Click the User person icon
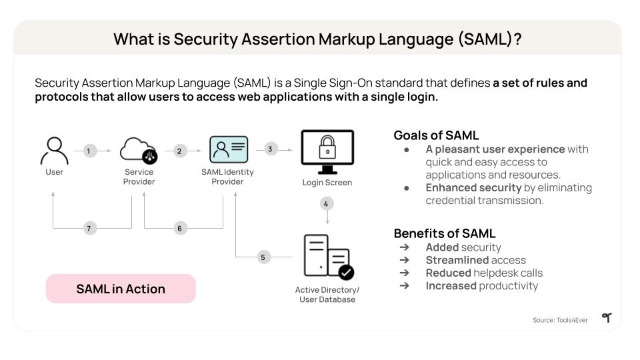(54, 151)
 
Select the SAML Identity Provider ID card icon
(228, 150)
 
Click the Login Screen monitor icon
(327, 151)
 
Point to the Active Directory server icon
(327, 256)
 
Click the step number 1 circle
(88, 151)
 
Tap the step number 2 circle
(179, 151)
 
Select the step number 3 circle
(270, 149)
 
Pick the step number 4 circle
(326, 203)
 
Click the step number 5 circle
(263, 257)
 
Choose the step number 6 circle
(179, 228)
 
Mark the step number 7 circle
(88, 228)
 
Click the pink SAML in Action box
(121, 289)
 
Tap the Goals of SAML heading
(436, 135)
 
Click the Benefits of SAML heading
(444, 233)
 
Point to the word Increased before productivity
(451, 285)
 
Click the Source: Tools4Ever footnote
(560, 320)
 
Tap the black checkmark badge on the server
(346, 272)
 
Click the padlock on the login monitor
(327, 145)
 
